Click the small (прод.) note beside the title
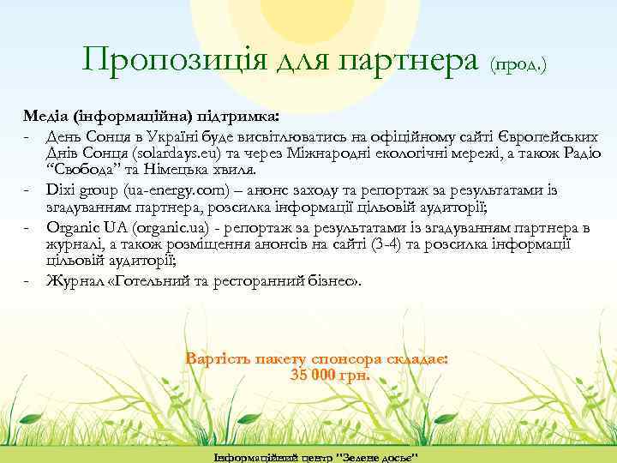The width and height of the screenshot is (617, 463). [518, 63]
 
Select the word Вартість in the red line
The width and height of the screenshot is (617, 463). [221, 359]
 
